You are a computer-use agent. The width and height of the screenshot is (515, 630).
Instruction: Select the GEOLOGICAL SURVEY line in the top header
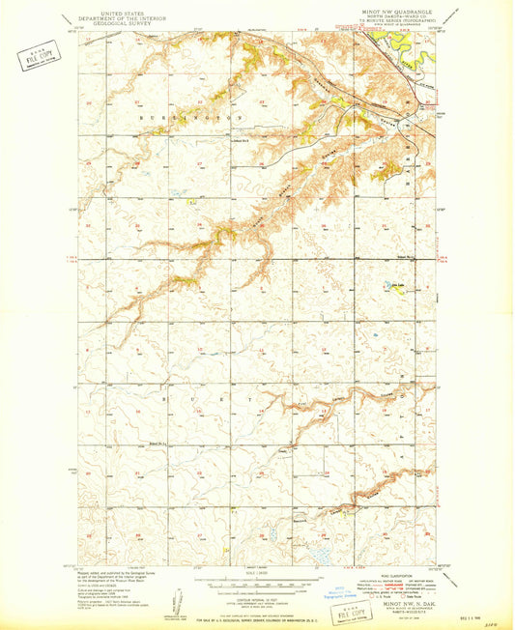(x=108, y=25)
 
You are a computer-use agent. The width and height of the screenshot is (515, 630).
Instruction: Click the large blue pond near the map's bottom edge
(x=317, y=556)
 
